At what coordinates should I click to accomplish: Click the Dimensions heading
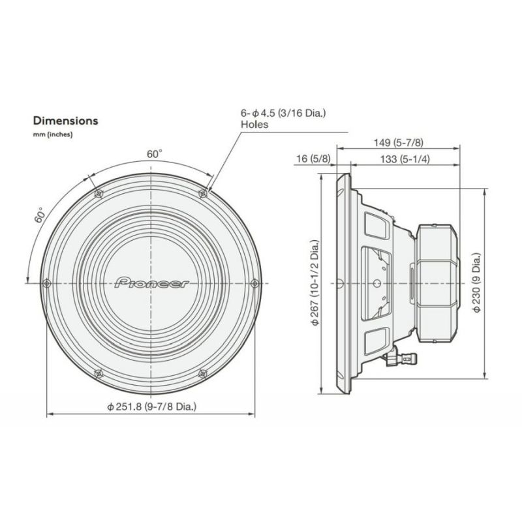click(66, 121)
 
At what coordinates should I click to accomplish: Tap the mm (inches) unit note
click(53, 135)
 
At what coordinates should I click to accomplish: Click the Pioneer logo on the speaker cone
click(151, 283)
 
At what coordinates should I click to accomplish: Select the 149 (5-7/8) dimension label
click(399, 143)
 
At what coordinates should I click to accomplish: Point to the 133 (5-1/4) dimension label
click(405, 159)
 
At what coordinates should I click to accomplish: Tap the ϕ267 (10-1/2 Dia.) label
click(315, 283)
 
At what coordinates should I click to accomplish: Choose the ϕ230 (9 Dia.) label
click(477, 283)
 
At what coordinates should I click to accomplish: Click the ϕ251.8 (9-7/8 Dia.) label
click(152, 407)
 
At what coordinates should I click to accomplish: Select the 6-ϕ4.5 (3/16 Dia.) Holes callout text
click(283, 119)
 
